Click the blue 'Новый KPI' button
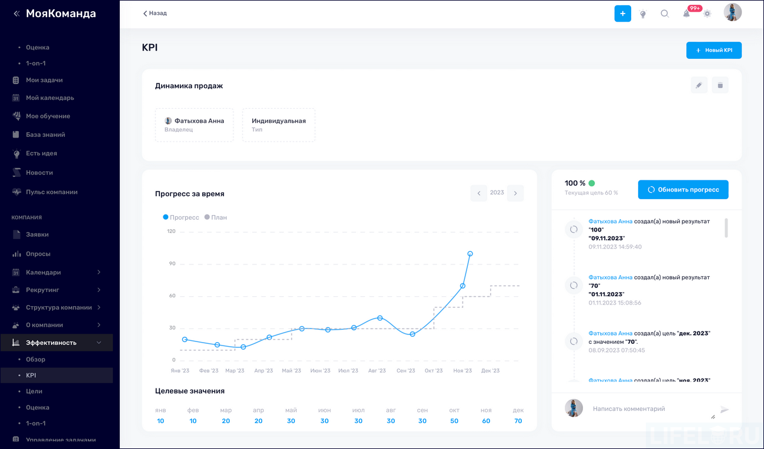click(x=713, y=51)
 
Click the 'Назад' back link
click(x=155, y=13)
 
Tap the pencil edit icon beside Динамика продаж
click(x=699, y=85)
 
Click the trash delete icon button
click(x=720, y=85)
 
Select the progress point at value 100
click(x=470, y=254)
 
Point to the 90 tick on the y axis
click(x=172, y=264)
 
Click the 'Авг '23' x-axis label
click(x=377, y=371)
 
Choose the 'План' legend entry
click(x=216, y=217)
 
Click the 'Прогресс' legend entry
click(x=181, y=217)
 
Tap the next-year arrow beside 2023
click(x=515, y=193)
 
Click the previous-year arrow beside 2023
click(x=479, y=193)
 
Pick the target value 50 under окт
click(x=454, y=421)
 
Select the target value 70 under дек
click(x=518, y=421)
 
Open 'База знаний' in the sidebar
click(x=45, y=135)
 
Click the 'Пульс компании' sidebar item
click(x=52, y=192)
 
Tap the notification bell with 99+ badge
click(x=686, y=14)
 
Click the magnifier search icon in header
click(x=665, y=14)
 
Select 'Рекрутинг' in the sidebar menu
click(x=42, y=290)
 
